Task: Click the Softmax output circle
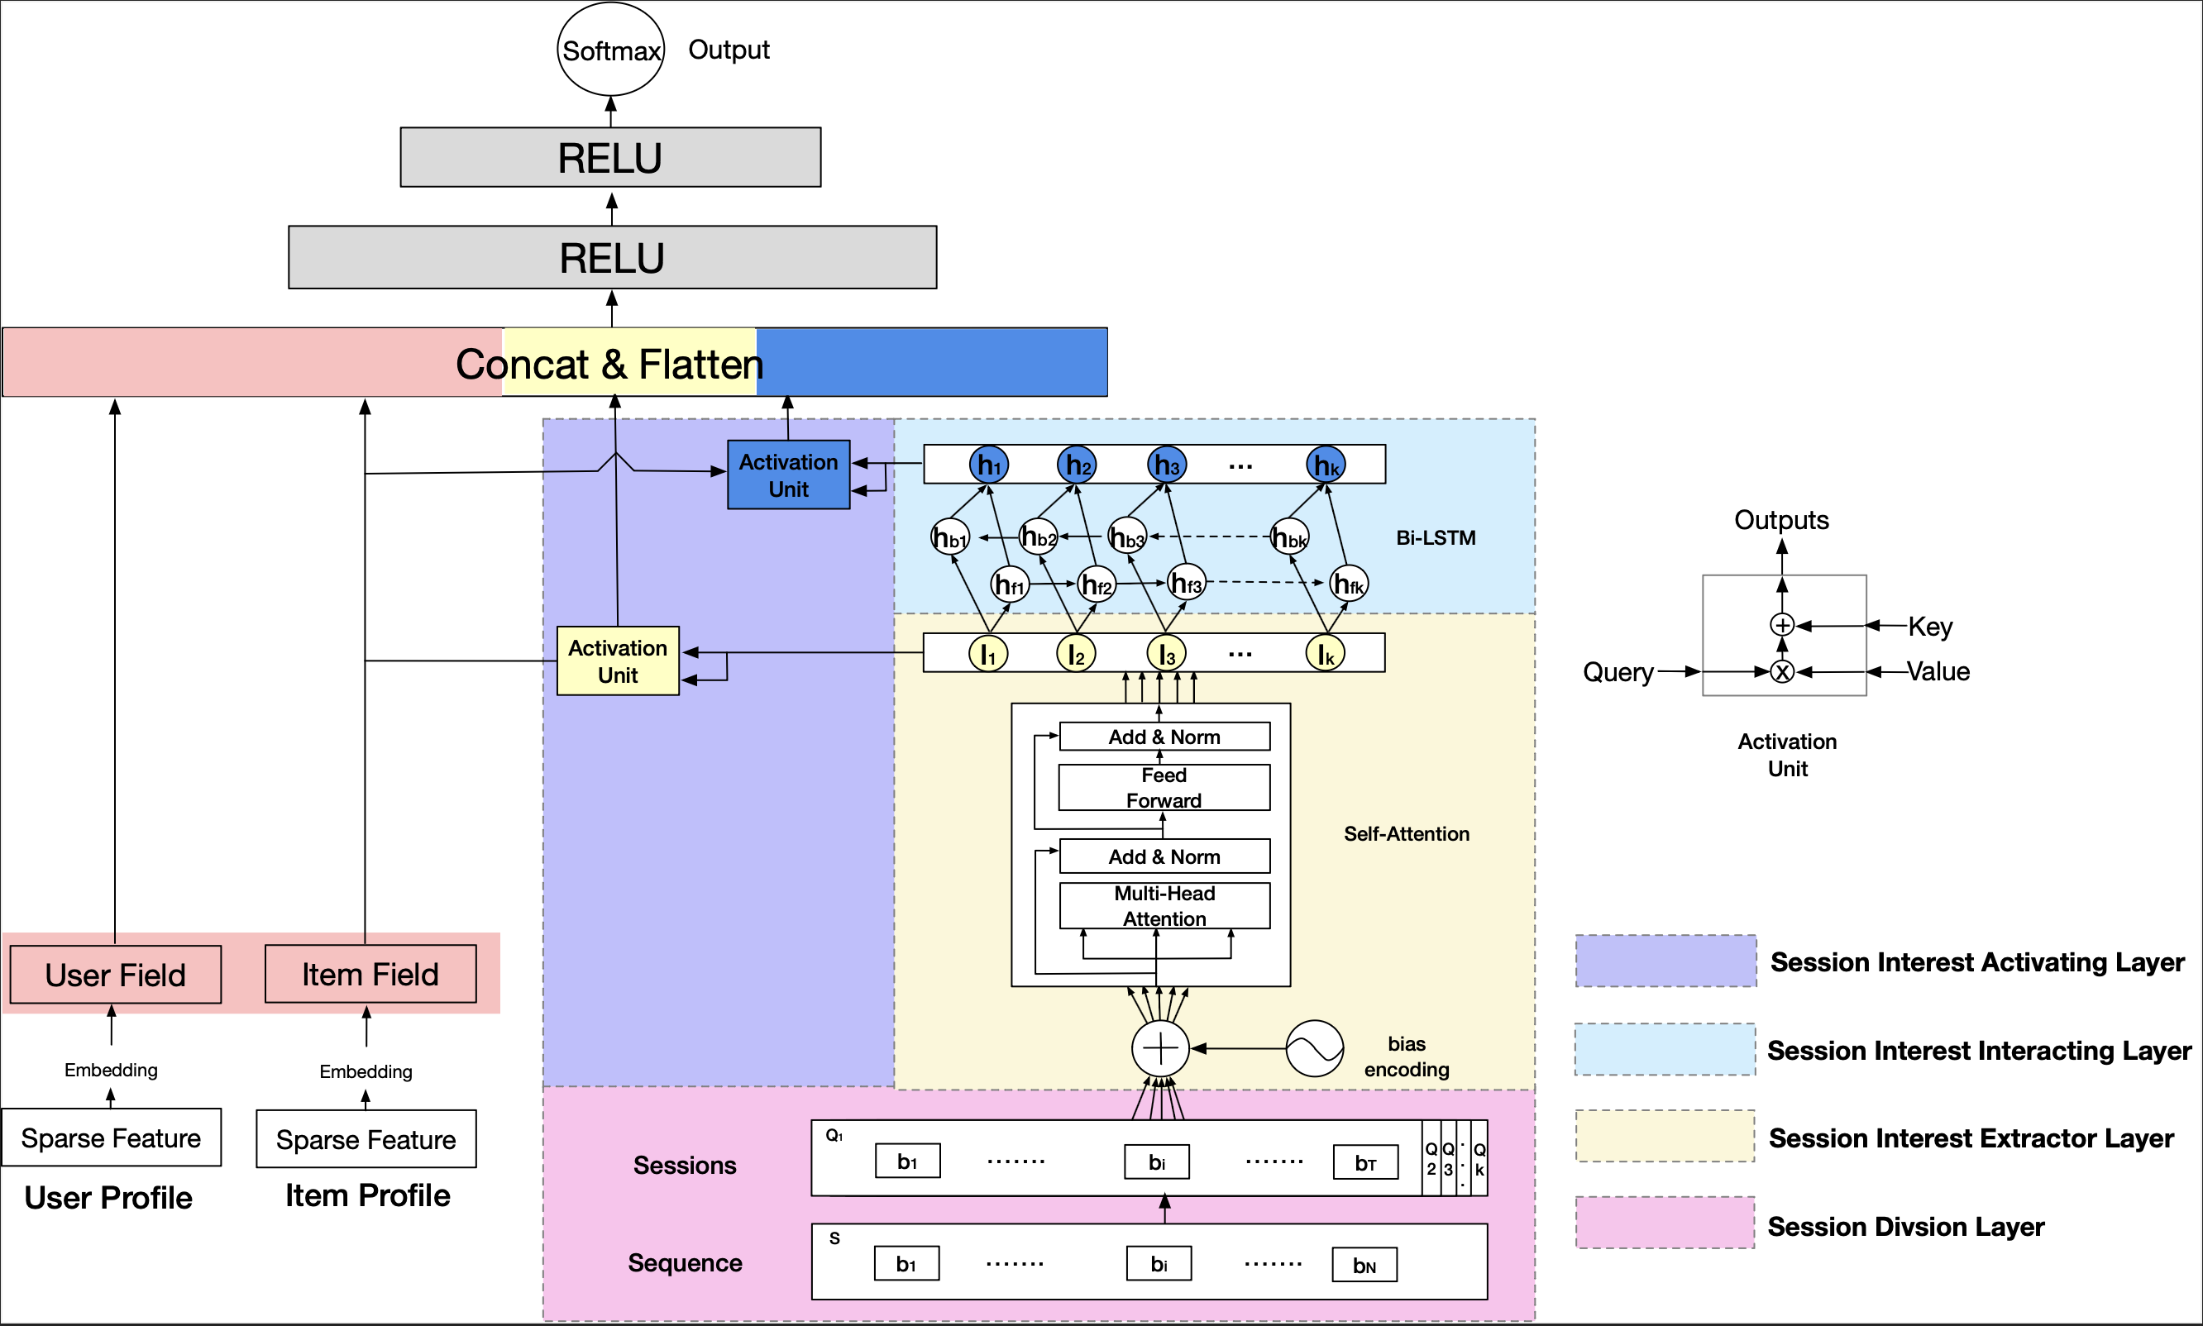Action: (610, 50)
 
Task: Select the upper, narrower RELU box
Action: (610, 157)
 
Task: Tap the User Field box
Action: (115, 974)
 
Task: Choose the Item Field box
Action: (370, 974)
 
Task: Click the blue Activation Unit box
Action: (788, 475)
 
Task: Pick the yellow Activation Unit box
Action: (618, 661)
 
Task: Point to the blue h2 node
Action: (1077, 465)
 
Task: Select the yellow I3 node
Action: (1165, 654)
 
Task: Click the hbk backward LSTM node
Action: (1289, 538)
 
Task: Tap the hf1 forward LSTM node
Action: (1010, 585)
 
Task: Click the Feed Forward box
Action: (1164, 787)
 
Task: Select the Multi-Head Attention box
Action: (1164, 905)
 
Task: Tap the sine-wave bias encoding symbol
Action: (1314, 1048)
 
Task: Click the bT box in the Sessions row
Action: (1364, 1162)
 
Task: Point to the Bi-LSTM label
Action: (1436, 538)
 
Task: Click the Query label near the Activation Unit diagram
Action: (1618, 672)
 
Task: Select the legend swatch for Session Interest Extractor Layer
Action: (1665, 1136)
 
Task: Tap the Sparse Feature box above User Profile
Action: (111, 1138)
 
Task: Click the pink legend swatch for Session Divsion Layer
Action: (1665, 1223)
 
